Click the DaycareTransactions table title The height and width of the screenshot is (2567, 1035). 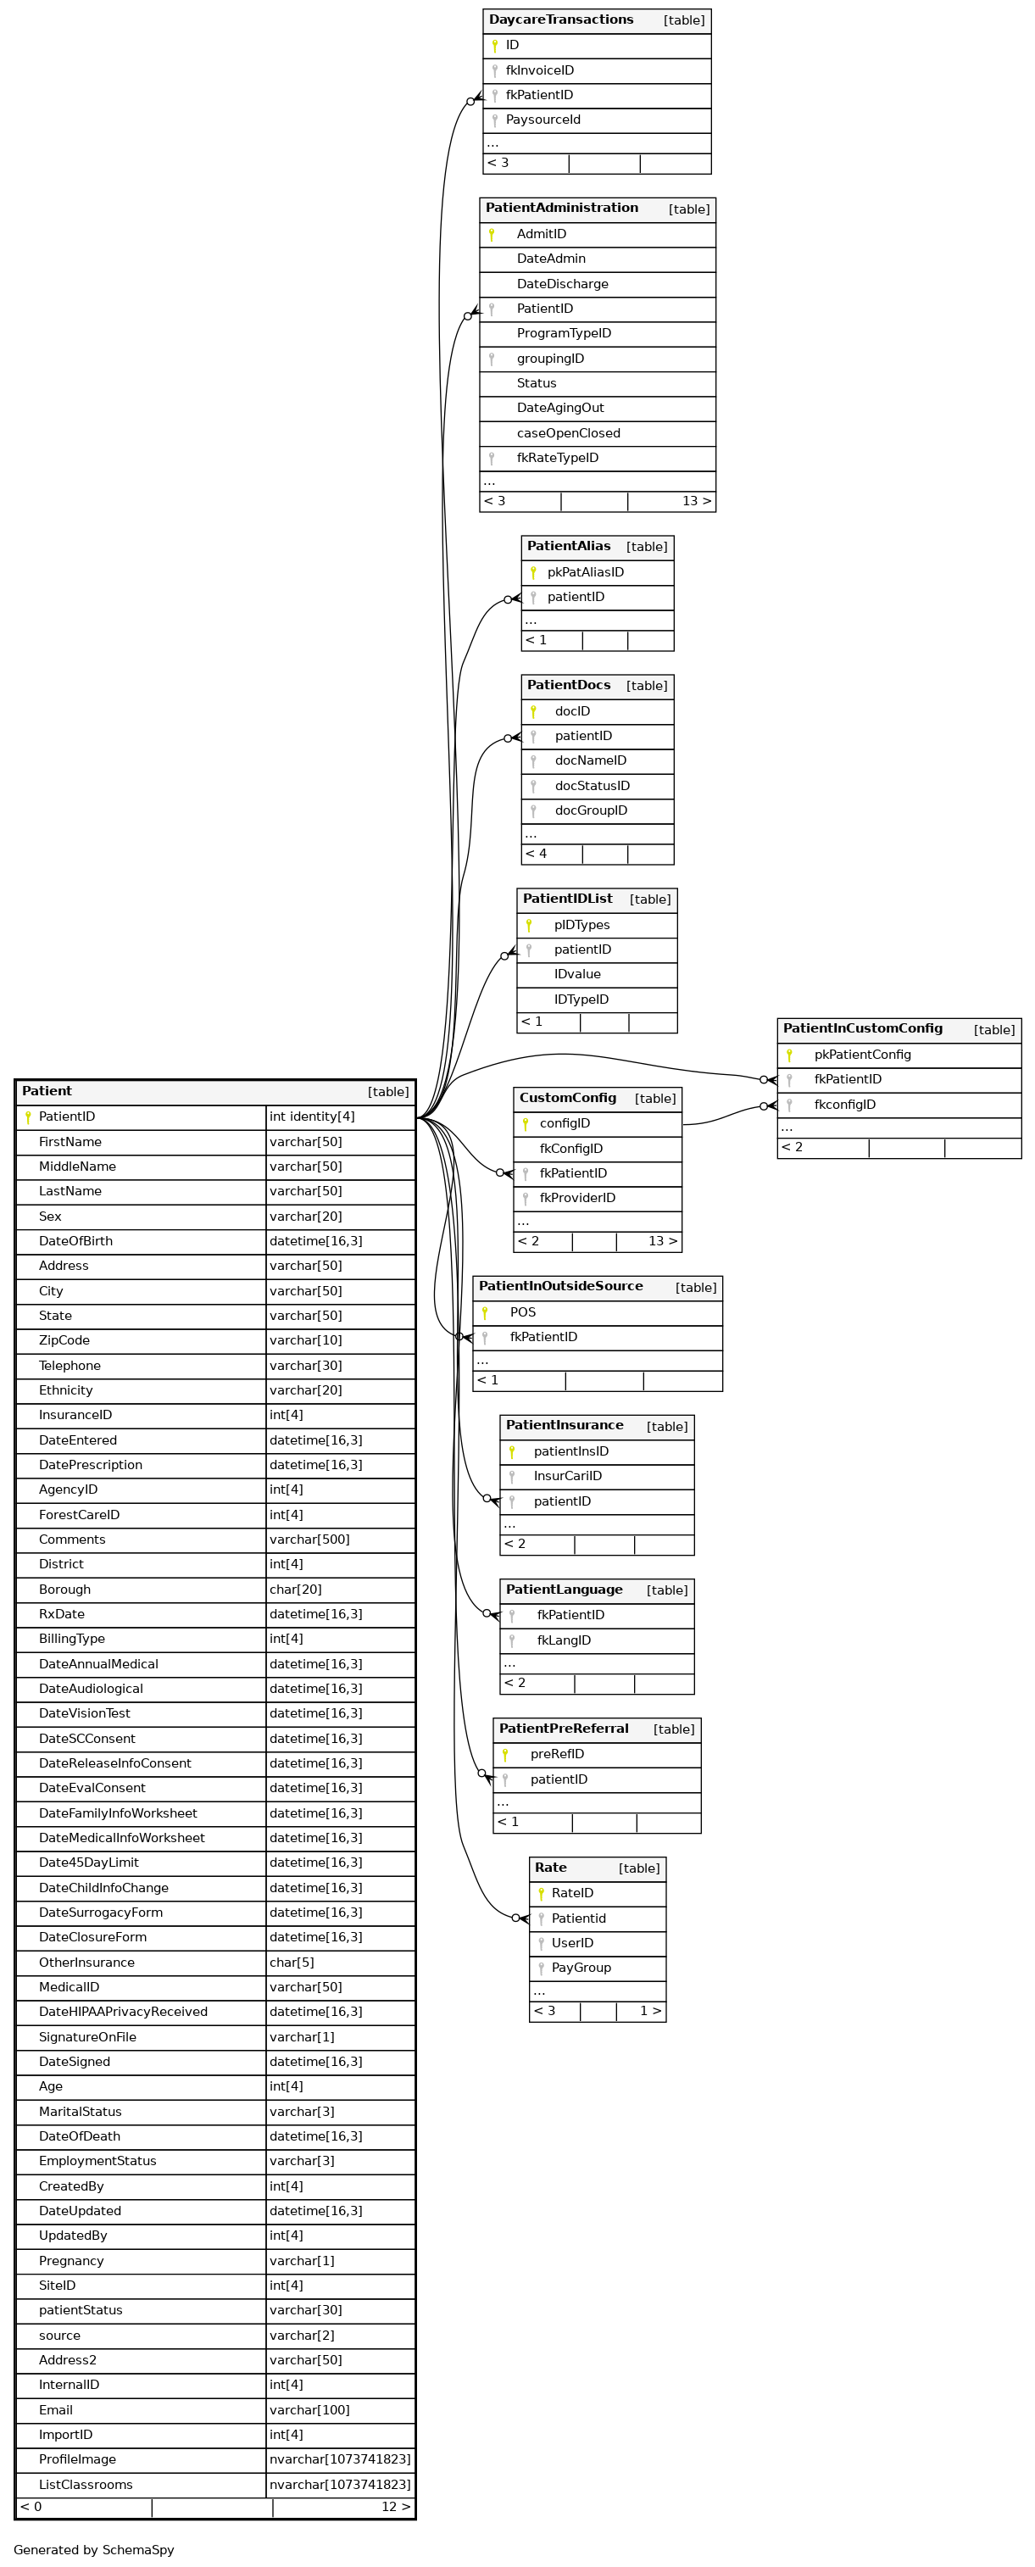pos(561,20)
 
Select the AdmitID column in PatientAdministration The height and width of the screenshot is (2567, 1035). pos(541,234)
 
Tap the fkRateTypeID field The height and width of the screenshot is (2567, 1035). pos(557,459)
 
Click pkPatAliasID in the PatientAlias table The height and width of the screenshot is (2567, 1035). pos(585,572)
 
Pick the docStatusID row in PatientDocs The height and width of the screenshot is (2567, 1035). pos(592,785)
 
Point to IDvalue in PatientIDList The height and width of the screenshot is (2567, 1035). pos(576,975)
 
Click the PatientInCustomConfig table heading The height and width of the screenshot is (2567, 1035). pos(862,1028)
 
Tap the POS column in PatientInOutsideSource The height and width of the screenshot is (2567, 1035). pos(522,1312)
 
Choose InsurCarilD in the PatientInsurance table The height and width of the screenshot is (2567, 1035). pos(567,1476)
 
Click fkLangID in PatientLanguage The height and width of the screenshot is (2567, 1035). pos(563,1640)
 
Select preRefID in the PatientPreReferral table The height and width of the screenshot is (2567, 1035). pos(557,1754)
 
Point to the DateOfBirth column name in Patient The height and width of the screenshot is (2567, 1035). pos(75,1240)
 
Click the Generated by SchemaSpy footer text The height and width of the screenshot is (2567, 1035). pos(93,2549)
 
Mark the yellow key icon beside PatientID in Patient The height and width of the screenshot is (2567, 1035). pos(28,1117)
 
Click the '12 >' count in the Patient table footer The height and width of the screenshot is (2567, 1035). pos(394,2506)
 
